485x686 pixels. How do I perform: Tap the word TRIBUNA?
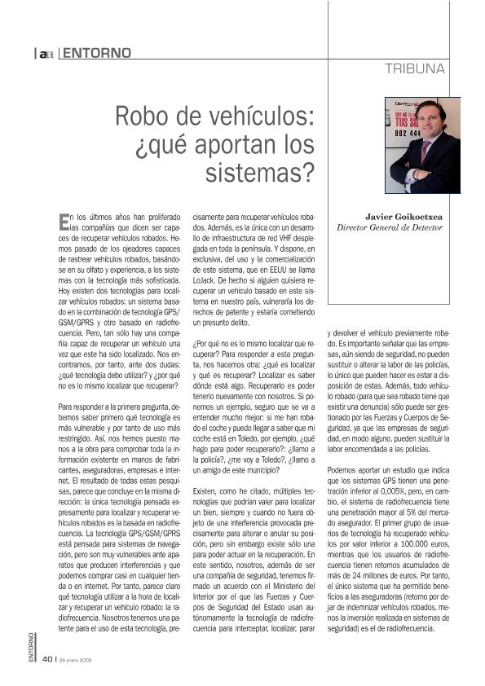[415, 69]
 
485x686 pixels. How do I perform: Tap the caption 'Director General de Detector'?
[390, 228]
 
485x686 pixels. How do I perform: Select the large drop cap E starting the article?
[64, 220]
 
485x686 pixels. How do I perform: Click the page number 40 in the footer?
[48, 660]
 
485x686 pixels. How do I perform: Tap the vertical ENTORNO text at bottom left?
[31, 648]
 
